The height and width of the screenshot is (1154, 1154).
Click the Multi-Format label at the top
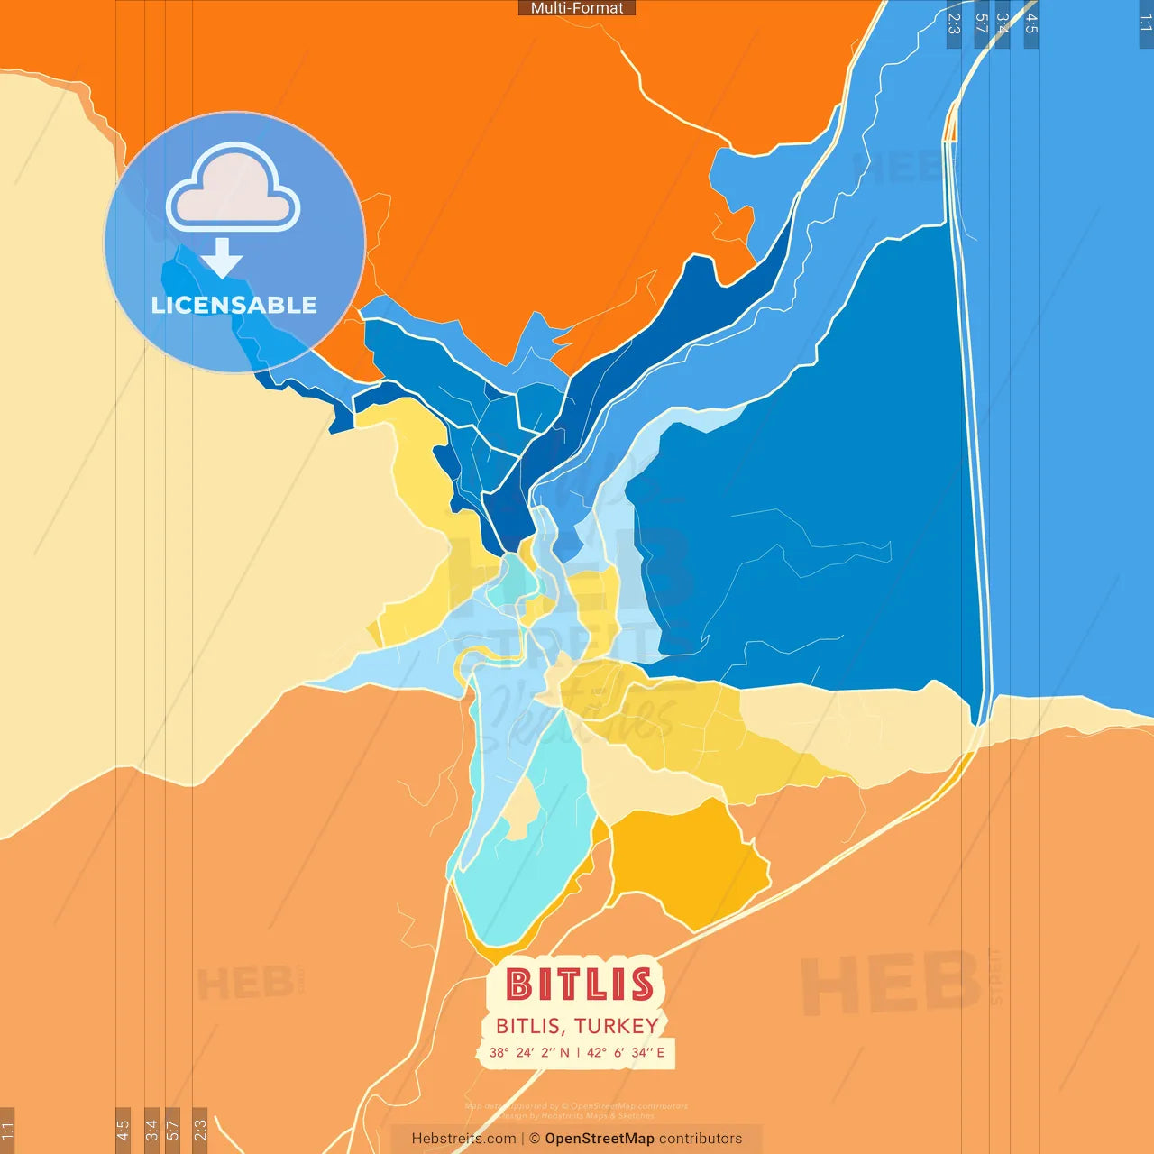click(577, 8)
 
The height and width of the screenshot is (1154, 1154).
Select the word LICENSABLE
click(234, 305)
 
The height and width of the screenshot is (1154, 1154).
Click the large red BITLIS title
click(579, 985)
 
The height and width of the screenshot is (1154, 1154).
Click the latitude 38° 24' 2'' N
click(529, 1052)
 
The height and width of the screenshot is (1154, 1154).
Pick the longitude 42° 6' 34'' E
click(626, 1052)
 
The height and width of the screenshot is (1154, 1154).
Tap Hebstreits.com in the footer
click(463, 1139)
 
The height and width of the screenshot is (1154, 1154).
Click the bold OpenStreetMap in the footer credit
click(600, 1139)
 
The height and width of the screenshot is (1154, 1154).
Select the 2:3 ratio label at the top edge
click(954, 23)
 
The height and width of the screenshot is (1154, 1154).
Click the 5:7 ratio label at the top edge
click(981, 23)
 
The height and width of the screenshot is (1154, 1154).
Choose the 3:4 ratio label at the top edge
click(1003, 23)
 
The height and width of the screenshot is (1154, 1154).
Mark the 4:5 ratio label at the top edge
click(1031, 23)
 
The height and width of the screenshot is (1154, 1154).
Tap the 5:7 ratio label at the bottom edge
click(173, 1129)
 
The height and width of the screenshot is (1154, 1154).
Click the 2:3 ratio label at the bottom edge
click(200, 1129)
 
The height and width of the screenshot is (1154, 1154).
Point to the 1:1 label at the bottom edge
click(7, 1131)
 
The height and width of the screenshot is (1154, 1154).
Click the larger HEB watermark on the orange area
click(891, 983)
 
